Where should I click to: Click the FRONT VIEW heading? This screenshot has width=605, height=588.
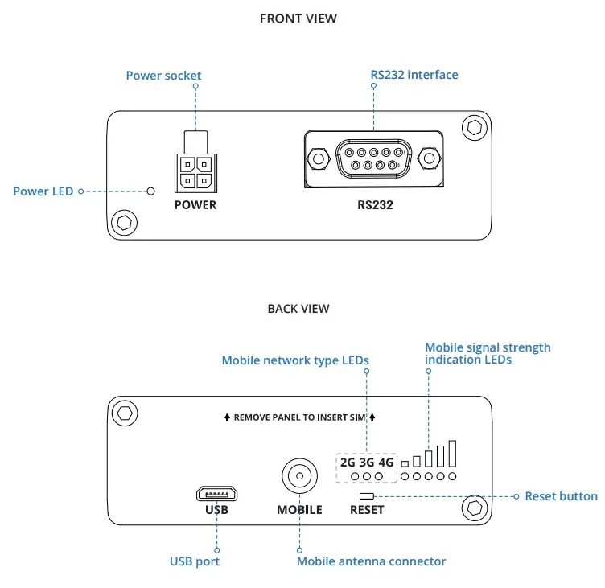coord(298,19)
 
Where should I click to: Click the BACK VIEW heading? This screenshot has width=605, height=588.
coord(298,309)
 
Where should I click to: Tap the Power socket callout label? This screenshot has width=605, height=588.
coord(163,76)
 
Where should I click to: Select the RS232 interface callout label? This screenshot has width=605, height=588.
coord(414,75)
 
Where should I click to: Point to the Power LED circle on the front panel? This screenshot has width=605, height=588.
coord(151,191)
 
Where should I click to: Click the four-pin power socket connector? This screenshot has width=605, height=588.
coord(196,173)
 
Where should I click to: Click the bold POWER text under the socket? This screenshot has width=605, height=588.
coord(195,205)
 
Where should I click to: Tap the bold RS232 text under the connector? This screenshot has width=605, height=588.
coord(375,205)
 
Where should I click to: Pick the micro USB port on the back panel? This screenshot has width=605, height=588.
coord(217,494)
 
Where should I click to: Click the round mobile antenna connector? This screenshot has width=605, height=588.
coord(299,476)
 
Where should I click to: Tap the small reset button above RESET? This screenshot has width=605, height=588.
coord(367,496)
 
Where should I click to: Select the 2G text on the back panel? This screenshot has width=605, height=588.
coord(348,463)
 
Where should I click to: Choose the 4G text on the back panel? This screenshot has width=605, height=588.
coord(386,463)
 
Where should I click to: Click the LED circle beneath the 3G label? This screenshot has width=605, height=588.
coord(367,476)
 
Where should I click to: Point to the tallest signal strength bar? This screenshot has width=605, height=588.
coord(453,454)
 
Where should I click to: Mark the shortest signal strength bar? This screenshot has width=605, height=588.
coord(405,464)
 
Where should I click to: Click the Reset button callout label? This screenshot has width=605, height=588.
coord(562,496)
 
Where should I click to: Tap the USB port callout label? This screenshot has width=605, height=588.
coord(195,561)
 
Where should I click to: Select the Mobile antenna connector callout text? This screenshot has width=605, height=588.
coord(371,561)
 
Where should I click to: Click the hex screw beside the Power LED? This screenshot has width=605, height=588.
coord(124,223)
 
